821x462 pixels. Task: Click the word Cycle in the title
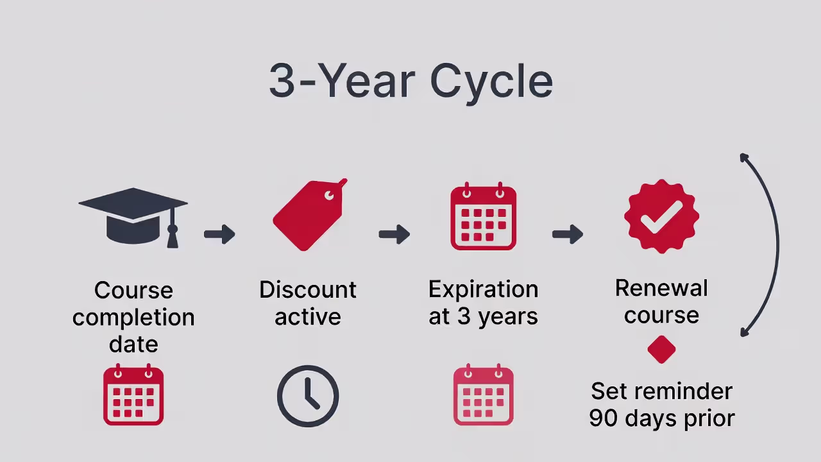click(491, 82)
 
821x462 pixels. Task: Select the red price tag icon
click(309, 215)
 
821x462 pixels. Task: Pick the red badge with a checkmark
click(661, 217)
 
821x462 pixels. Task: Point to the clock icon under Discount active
click(308, 396)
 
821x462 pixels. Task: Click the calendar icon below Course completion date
click(133, 395)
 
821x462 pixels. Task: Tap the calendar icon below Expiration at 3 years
click(483, 395)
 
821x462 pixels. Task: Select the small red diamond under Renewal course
click(661, 350)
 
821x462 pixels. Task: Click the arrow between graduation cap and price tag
click(219, 234)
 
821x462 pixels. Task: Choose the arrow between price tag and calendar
click(394, 234)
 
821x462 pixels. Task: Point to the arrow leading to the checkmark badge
click(568, 234)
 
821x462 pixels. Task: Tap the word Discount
click(308, 289)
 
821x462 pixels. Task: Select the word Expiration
click(483, 289)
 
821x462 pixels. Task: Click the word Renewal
click(661, 288)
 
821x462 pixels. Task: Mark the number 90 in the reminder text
click(603, 418)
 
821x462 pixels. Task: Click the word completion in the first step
click(133, 317)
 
